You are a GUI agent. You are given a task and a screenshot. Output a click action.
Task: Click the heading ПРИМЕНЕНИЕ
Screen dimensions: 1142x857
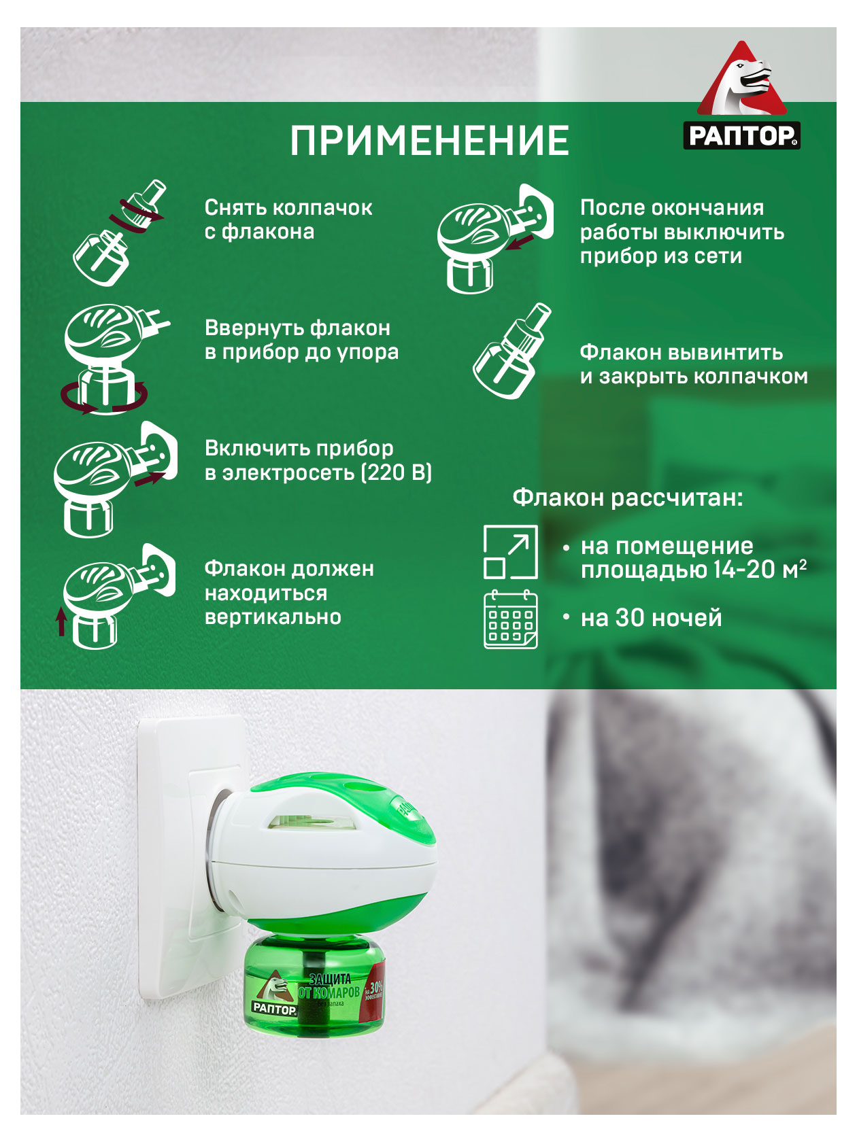(429, 141)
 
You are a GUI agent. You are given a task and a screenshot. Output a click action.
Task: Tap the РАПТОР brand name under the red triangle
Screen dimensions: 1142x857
(741, 135)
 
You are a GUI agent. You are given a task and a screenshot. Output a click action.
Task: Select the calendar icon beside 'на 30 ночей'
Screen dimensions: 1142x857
(510, 619)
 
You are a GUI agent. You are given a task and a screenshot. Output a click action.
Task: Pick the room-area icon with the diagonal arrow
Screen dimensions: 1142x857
(510, 552)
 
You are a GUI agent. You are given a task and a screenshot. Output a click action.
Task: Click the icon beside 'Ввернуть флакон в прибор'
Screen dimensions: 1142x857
(112, 357)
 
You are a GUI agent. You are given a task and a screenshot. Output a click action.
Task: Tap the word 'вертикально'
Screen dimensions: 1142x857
(273, 617)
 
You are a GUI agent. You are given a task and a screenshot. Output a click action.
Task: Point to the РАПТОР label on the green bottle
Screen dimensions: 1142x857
(275, 1008)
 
